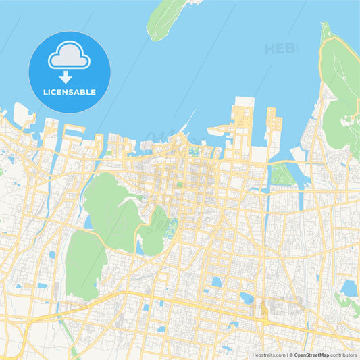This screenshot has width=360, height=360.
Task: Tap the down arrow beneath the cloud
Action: point(66,76)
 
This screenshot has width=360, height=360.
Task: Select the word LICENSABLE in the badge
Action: point(70,92)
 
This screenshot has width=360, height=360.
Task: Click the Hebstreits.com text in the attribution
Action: point(269,354)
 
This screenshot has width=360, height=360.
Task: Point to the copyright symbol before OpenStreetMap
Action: point(292,354)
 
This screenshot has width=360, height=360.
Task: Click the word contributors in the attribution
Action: point(343,354)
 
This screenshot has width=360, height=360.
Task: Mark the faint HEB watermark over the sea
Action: point(279,49)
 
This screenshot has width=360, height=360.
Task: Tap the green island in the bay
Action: point(166,19)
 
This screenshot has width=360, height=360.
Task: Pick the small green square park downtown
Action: point(180,183)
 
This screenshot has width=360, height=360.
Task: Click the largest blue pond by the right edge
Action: point(349,288)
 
